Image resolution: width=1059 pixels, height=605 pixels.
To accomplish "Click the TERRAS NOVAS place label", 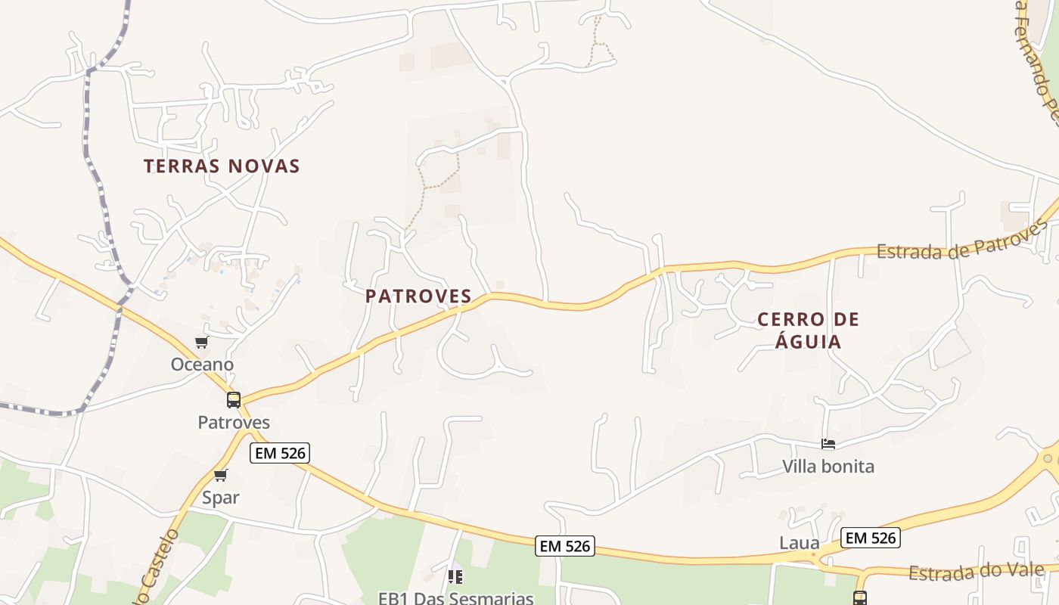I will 222,166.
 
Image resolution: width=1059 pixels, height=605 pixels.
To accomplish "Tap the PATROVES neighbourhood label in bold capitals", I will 418,296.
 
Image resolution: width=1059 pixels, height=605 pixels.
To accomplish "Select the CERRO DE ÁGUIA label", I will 809,330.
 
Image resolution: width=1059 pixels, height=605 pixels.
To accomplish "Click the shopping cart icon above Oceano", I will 201,343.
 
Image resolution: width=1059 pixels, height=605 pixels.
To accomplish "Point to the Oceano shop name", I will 202,365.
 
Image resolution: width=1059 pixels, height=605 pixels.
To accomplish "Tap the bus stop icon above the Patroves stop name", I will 234,400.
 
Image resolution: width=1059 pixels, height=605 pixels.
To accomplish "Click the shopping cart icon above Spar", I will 220,475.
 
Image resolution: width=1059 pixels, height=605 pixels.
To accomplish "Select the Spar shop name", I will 220,498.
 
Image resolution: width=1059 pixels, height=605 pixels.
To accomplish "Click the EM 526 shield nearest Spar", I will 280,453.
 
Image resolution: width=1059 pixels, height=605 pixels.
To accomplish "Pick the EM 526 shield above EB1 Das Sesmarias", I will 565,546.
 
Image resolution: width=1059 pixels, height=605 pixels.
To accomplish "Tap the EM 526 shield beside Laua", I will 871,538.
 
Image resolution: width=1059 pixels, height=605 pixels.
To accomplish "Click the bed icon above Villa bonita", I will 828,444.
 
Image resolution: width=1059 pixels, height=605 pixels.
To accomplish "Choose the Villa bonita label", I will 828,467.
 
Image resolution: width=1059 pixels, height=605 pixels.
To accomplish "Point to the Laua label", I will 800,543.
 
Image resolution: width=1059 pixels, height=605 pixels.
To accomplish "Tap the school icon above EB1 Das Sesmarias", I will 455,577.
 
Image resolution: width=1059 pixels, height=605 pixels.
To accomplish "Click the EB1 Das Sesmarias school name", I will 456,598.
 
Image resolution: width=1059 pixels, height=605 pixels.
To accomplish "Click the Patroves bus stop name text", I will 234,422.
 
